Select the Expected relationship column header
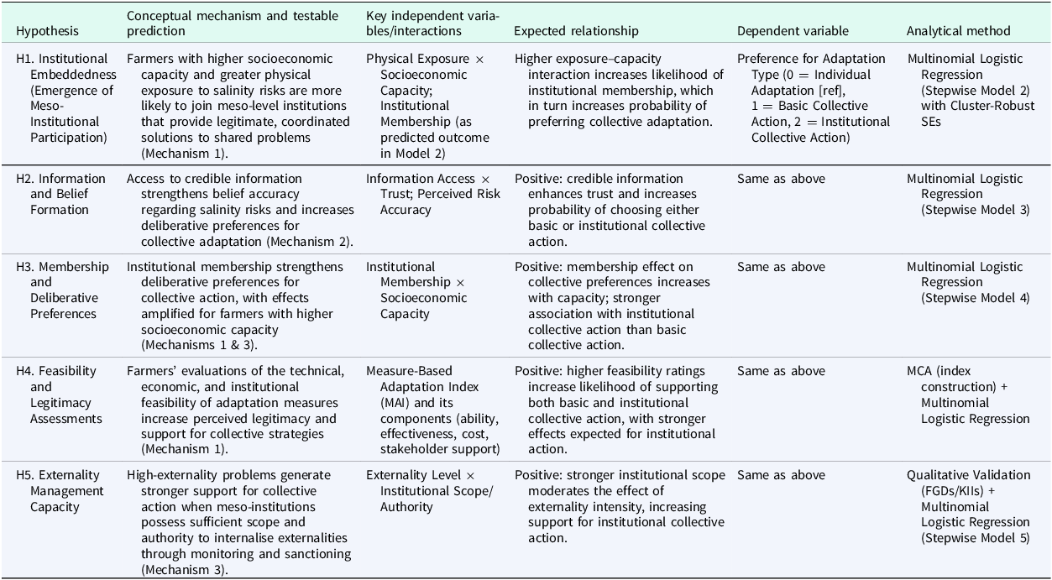(576, 31)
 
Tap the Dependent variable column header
(793, 31)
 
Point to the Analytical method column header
(958, 31)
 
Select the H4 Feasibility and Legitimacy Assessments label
(59, 395)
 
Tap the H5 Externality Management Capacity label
(60, 491)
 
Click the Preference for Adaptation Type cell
(813, 98)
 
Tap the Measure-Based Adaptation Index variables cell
(433, 410)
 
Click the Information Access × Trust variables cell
(432, 194)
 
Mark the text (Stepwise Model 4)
(975, 298)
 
